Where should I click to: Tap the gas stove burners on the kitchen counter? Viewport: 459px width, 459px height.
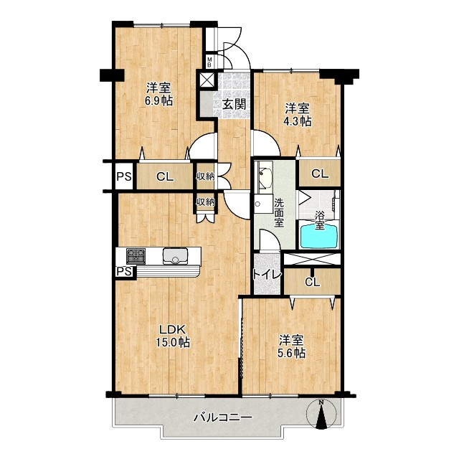pos(136,256)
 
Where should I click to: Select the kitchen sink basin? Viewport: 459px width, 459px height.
pos(175,256)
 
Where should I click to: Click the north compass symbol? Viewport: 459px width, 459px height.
pos(321,415)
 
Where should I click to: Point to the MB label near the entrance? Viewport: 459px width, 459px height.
pos(209,62)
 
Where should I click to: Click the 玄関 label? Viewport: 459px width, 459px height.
pos(234,105)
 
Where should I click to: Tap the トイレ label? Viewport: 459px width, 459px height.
pos(267,275)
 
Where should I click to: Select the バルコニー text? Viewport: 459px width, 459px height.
pos(223,417)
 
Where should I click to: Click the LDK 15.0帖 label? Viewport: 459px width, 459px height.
pos(172,336)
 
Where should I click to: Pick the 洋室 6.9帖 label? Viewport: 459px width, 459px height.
pos(158,94)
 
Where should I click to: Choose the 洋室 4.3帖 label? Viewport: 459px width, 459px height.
pos(298,115)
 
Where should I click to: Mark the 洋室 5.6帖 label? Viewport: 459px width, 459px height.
pos(291,347)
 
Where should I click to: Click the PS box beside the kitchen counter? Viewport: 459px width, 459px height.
pos(125,272)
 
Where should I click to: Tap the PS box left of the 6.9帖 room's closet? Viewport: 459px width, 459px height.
pos(124,177)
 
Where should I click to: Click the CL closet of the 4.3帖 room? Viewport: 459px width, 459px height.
pos(320,174)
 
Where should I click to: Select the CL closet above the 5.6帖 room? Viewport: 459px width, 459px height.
pos(313,282)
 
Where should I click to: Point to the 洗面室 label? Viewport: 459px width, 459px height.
pos(279,212)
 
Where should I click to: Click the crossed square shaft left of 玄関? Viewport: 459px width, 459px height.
pos(207,80)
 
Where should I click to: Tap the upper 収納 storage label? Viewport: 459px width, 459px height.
pos(205,176)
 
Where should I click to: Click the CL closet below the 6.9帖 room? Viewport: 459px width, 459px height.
pos(165,176)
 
